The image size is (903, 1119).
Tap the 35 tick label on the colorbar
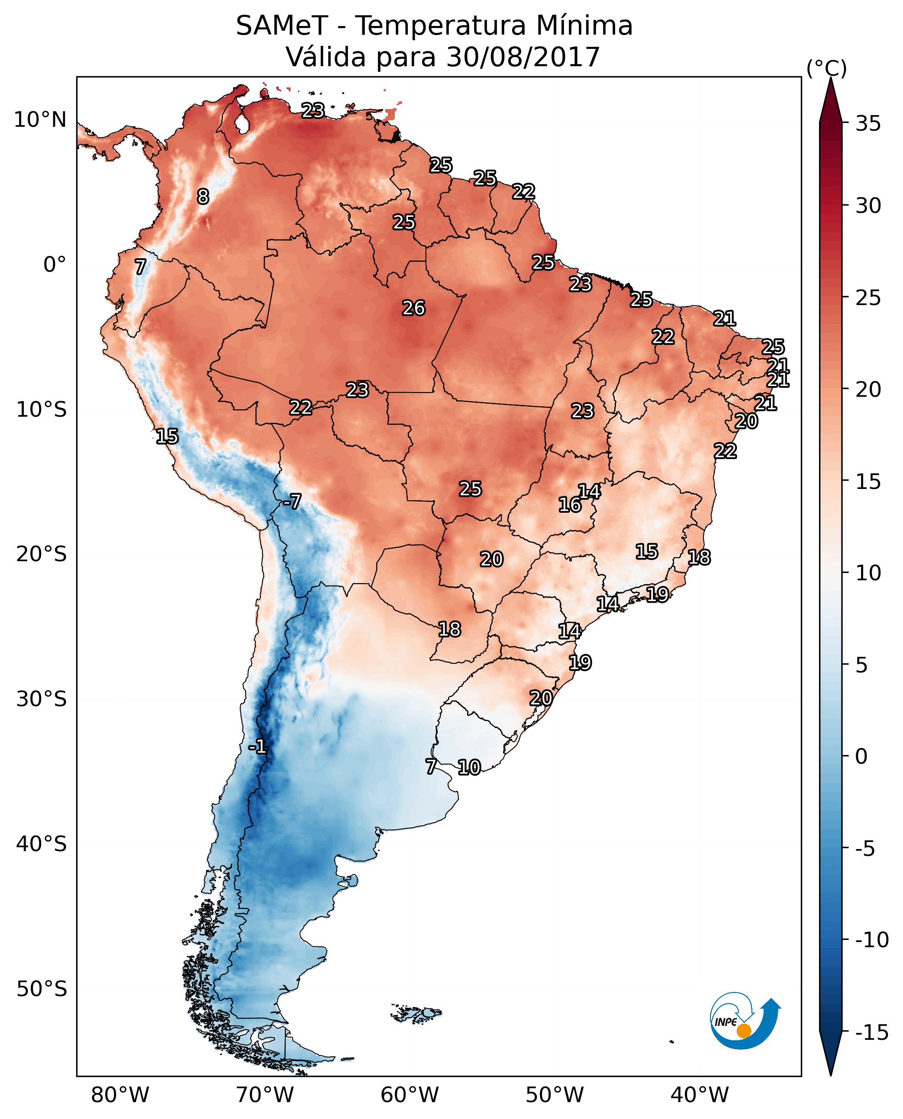(x=868, y=124)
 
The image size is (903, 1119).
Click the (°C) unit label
(x=826, y=68)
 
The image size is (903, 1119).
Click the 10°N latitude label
(x=40, y=120)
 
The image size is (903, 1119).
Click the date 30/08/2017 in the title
(x=523, y=57)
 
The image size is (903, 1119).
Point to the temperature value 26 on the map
(x=414, y=309)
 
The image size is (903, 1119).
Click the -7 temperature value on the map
(x=292, y=502)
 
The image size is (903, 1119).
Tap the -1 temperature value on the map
(x=257, y=747)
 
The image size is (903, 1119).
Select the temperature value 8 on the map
(x=203, y=196)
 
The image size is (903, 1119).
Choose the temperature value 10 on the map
(x=469, y=768)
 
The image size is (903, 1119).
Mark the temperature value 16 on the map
(x=570, y=505)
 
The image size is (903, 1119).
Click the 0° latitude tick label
(x=54, y=265)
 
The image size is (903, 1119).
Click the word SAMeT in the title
(x=282, y=26)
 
